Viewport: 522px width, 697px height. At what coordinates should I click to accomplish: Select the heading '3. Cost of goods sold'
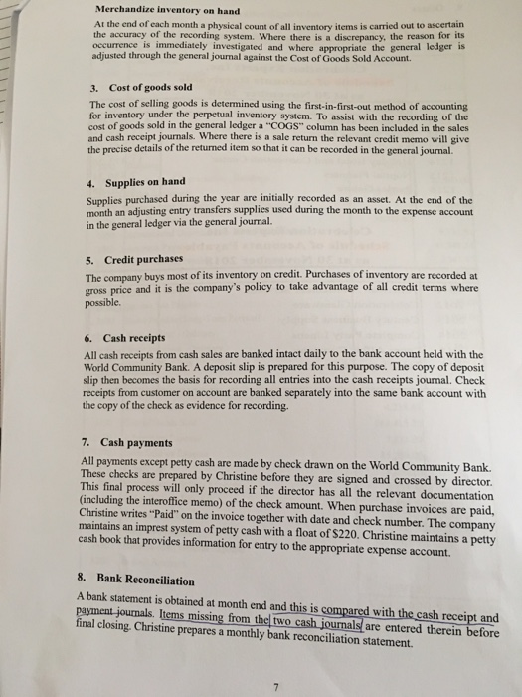(x=129, y=88)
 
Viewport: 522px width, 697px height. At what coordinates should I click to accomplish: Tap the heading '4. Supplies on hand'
(x=134, y=182)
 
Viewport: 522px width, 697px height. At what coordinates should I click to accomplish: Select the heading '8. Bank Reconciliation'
(x=139, y=578)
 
